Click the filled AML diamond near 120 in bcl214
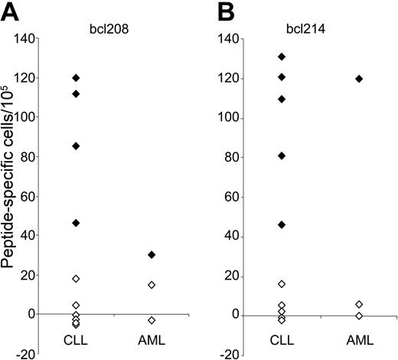pos(358,79)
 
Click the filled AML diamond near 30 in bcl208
pos(152,254)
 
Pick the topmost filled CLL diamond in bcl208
pos(76,78)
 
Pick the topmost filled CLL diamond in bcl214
pos(282,57)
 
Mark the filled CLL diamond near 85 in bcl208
pos(76,146)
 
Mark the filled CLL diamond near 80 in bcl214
pos(282,155)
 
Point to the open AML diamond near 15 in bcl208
pos(152,284)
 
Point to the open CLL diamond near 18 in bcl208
pos(76,278)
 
